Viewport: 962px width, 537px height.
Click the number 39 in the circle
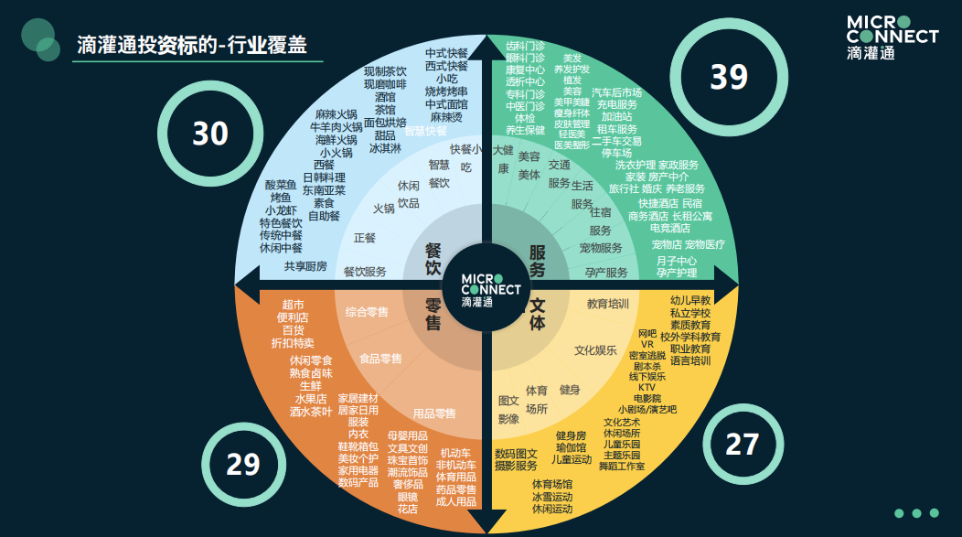(x=729, y=77)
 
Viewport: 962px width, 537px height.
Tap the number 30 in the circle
(x=209, y=134)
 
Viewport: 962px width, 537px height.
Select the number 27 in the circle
(x=742, y=444)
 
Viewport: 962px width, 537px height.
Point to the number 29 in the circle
(x=243, y=465)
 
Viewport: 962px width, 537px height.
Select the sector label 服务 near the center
(x=537, y=259)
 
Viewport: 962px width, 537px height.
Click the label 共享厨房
(x=305, y=266)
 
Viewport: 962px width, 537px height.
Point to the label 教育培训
(x=608, y=304)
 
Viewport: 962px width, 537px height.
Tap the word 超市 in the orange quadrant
(x=293, y=304)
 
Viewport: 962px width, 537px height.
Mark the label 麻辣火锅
(x=337, y=114)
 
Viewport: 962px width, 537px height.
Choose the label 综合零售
(x=367, y=312)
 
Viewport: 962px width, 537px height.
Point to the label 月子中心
(x=676, y=260)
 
